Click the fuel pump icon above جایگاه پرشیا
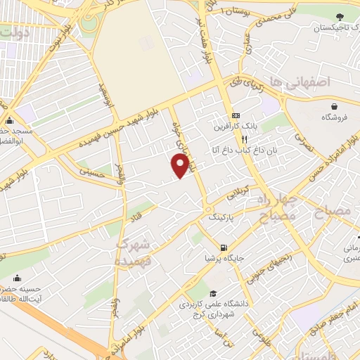click(x=224, y=247)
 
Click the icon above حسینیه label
click(x=18, y=276)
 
